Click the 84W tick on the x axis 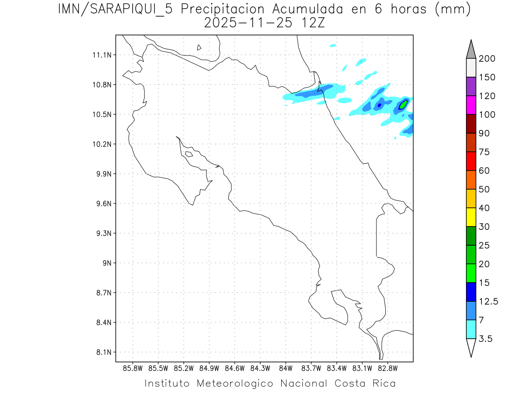[286, 368]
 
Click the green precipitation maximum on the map [403, 105]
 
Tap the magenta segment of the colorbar [471, 105]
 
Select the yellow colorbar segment [471, 217]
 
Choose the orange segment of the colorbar [471, 180]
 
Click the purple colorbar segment [471, 87]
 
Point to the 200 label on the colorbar [487, 59]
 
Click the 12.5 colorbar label [488, 301]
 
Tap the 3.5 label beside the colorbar [485, 339]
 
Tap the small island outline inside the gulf [189, 154]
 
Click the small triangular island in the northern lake [199, 47]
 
